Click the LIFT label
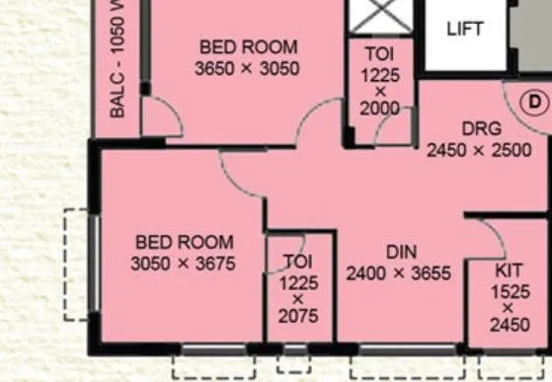coord(465,29)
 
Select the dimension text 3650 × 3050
coord(247,68)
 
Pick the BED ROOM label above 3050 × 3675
coord(185,242)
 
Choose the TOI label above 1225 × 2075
coord(297,261)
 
